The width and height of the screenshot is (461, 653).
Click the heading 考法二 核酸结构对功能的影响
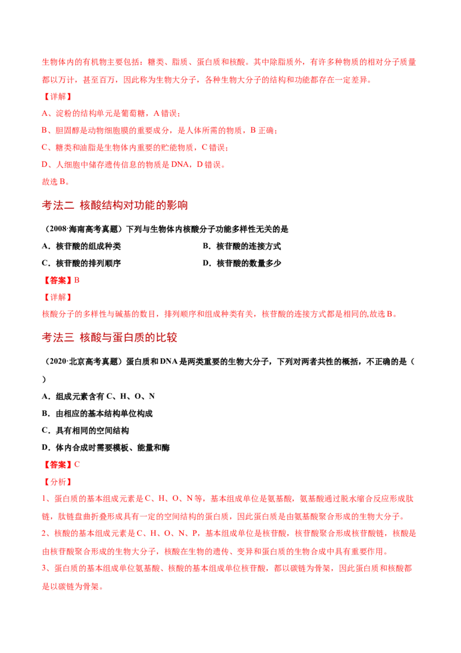pyautogui.click(x=115, y=205)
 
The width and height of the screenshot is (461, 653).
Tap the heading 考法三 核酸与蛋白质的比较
pyautogui.click(x=109, y=337)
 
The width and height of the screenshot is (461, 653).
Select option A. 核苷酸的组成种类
pyautogui.click(x=82, y=246)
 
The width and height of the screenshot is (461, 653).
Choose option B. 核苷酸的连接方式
pyautogui.click(x=241, y=246)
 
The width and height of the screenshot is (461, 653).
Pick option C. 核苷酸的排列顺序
pyautogui.click(x=82, y=263)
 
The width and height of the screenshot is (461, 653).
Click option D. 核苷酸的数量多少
pyautogui.click(x=241, y=263)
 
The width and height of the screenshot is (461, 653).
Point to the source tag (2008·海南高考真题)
pyautogui.click(x=83, y=229)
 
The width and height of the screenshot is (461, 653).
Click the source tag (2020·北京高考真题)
pyautogui.click(x=83, y=362)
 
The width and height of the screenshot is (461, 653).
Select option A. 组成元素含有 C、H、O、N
pyautogui.click(x=98, y=396)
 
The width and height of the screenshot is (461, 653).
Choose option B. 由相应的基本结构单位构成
pyautogui.click(x=97, y=414)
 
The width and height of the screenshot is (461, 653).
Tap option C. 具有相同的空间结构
pyautogui.click(x=85, y=430)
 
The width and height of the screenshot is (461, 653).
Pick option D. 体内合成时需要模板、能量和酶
pyautogui.click(x=105, y=448)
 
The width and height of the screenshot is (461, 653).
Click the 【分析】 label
pyautogui.click(x=58, y=482)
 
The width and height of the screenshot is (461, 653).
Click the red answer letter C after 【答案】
pyautogui.click(x=77, y=464)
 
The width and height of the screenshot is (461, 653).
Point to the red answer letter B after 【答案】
pyautogui.click(x=77, y=280)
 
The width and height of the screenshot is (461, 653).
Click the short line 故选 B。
pyautogui.click(x=56, y=182)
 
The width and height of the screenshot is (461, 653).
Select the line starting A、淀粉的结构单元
pyautogui.click(x=111, y=113)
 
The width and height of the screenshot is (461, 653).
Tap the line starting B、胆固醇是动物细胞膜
pyautogui.click(x=160, y=130)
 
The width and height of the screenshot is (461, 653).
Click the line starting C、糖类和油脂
pyautogui.click(x=135, y=148)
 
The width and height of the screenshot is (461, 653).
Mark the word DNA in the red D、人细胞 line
pyautogui.click(x=180, y=164)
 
